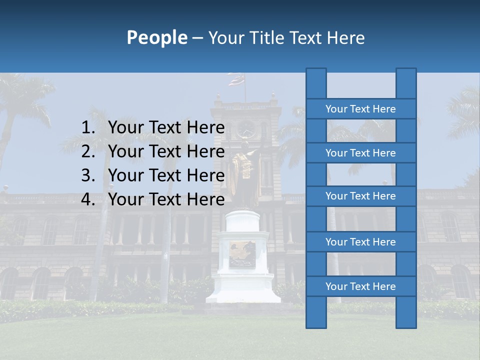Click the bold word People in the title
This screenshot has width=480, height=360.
click(157, 37)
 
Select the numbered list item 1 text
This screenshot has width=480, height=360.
click(166, 128)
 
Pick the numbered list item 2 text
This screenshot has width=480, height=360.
click(166, 151)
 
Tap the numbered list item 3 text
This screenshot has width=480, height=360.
click(166, 175)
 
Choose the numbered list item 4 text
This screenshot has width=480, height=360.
click(166, 199)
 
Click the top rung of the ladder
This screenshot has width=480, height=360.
click(360, 109)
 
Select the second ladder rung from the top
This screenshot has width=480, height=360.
click(360, 153)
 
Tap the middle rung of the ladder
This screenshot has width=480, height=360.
click(360, 196)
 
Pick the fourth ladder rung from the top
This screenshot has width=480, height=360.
click(360, 242)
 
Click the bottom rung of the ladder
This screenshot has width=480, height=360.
click(360, 286)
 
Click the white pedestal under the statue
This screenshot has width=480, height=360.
click(243, 260)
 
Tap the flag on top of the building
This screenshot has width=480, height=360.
click(236, 79)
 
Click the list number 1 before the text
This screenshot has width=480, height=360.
click(87, 128)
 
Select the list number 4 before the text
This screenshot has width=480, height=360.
click(87, 199)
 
